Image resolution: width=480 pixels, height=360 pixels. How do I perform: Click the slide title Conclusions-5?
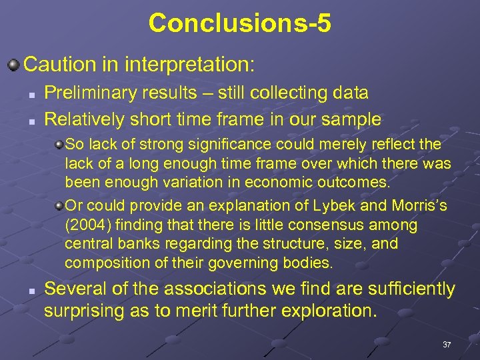tap(239, 23)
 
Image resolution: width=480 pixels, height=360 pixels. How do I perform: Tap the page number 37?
tap(447, 344)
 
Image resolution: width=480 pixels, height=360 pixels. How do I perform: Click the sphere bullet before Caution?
tap(13, 65)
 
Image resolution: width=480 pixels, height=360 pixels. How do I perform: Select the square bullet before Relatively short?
tap(31, 121)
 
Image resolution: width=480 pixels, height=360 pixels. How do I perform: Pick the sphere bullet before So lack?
tap(59, 145)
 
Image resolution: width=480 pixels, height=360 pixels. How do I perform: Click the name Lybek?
tap(299, 207)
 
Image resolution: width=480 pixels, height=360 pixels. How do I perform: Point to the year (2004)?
tap(87, 225)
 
